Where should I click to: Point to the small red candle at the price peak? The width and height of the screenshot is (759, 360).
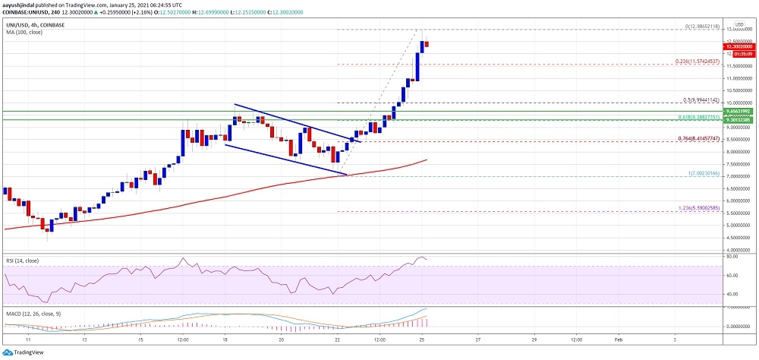coord(427,43)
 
